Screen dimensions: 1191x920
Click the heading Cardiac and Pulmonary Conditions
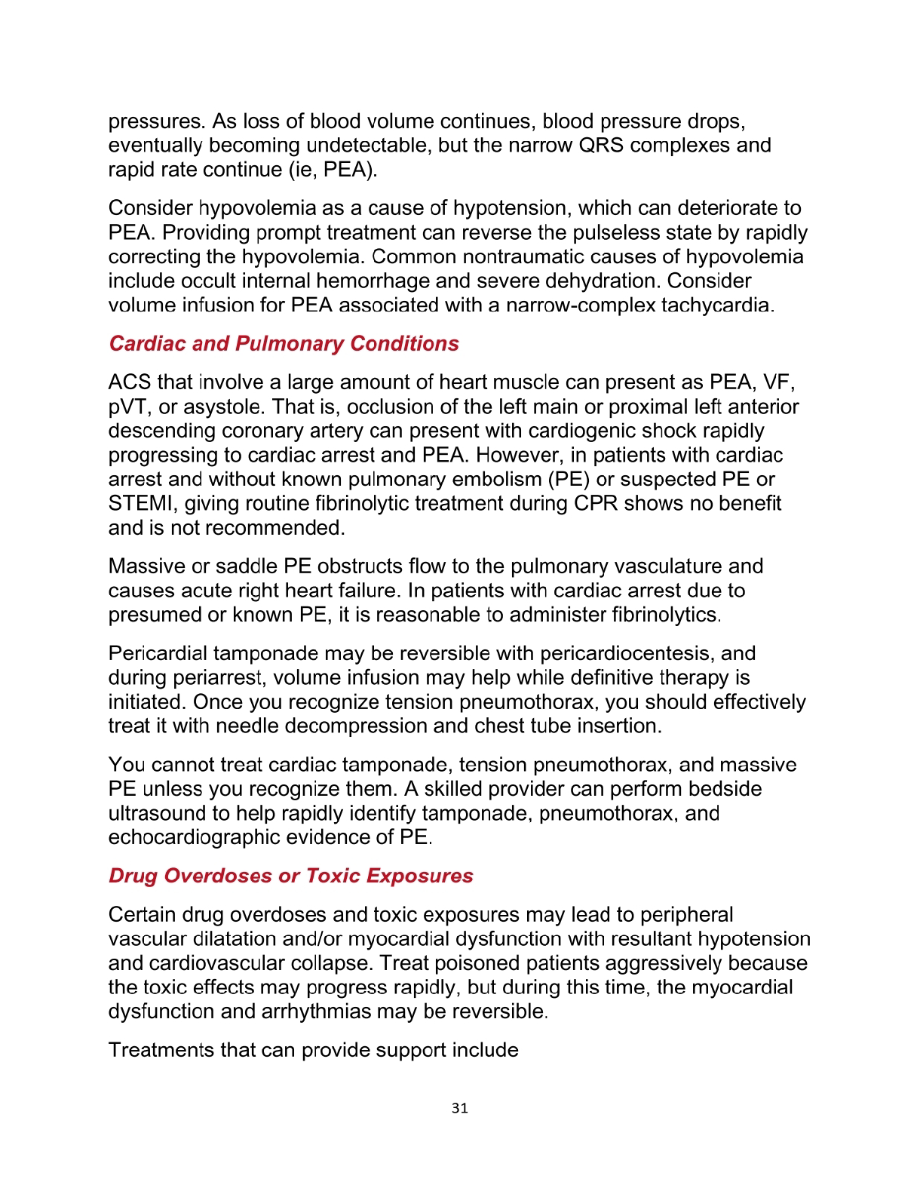[284, 344]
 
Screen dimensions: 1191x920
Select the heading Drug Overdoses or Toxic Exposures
[290, 876]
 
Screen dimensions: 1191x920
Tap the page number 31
[460, 1108]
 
